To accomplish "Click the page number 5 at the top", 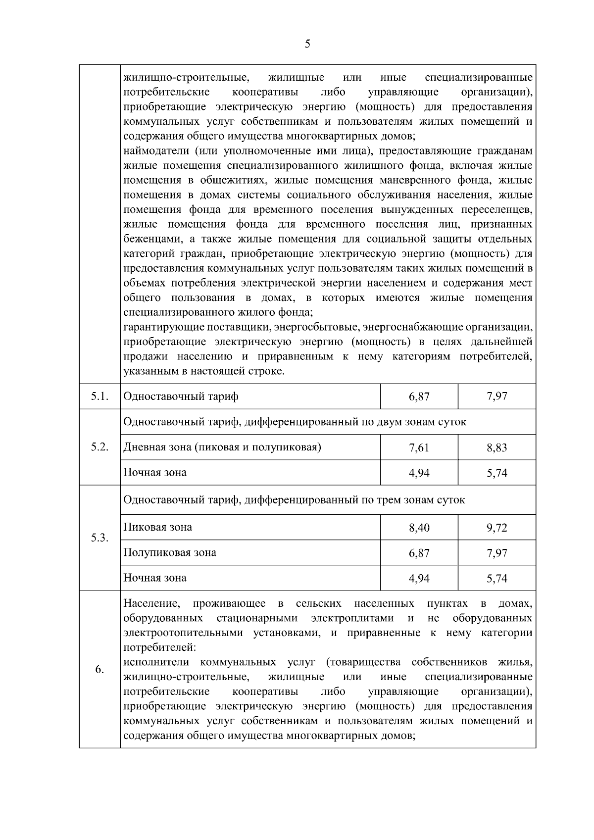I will click(x=307, y=44).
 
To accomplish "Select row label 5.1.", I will click(x=99, y=396).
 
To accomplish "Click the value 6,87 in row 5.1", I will click(x=419, y=396).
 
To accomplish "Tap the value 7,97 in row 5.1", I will click(x=496, y=396).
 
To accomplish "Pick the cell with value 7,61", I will click(x=419, y=448).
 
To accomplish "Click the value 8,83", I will click(x=496, y=448).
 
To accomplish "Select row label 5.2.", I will click(x=99, y=447).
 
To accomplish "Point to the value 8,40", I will click(x=419, y=528).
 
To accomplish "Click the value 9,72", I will click(x=496, y=528).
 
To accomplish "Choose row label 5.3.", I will click(x=99, y=538).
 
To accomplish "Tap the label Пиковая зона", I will click(x=157, y=527).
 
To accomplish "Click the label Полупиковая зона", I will click(x=169, y=552).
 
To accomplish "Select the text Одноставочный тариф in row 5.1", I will click(x=181, y=396).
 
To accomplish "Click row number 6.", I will click(x=99, y=670).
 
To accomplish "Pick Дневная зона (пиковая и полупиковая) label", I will click(x=222, y=447).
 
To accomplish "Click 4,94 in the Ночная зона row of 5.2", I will click(x=419, y=473).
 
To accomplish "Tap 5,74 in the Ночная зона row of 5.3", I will click(x=496, y=579).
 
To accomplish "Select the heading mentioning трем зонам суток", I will click(x=294, y=499).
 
